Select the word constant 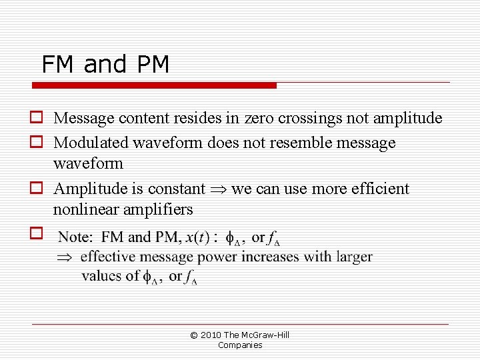(x=178, y=189)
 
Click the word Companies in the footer (x=240, y=345)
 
